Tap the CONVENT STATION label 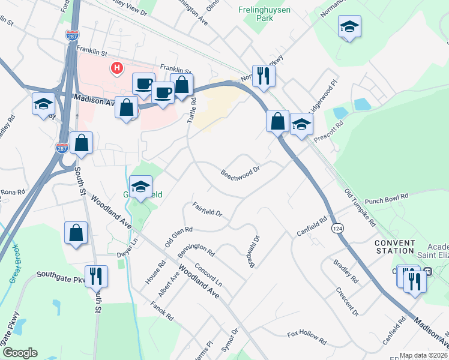[394, 246]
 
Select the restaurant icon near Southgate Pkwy [96, 276]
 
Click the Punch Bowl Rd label [386, 198]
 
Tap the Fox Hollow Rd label [306, 337]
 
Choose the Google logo [19, 353]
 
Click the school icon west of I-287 [43, 104]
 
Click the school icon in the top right [349, 26]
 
